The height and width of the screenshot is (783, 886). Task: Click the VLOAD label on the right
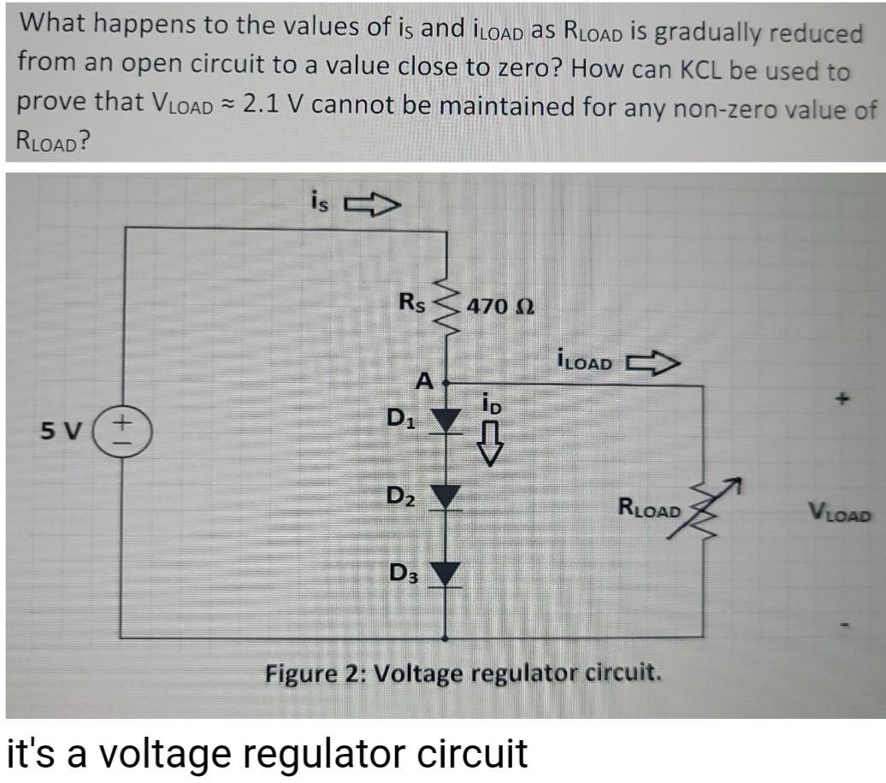click(840, 515)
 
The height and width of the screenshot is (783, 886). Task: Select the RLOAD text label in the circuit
click(649, 510)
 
